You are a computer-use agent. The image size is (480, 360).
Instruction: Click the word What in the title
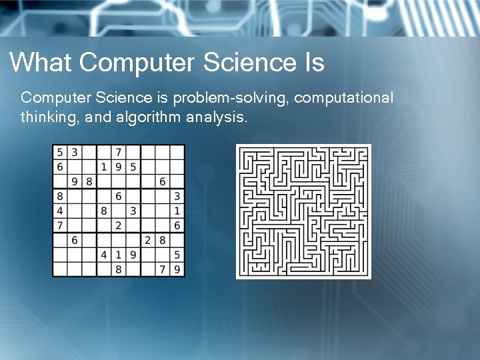click(41, 63)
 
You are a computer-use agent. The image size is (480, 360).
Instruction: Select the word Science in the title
click(243, 63)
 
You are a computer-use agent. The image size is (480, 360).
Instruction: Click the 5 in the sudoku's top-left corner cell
click(60, 152)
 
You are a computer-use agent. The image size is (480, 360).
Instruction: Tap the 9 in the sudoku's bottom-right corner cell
click(177, 269)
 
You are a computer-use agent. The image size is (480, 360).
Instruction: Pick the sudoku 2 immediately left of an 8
click(148, 240)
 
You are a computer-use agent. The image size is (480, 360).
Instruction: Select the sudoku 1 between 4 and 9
click(119, 255)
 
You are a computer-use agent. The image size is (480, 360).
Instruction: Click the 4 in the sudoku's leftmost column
click(60, 211)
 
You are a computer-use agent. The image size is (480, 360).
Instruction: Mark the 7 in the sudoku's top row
click(119, 152)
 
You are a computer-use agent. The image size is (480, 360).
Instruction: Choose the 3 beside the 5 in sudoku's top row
click(75, 152)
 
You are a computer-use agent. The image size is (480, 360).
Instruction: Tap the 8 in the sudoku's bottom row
click(119, 269)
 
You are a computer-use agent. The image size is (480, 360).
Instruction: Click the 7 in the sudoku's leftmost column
click(60, 225)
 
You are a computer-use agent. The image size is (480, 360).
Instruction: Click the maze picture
click(303, 211)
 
